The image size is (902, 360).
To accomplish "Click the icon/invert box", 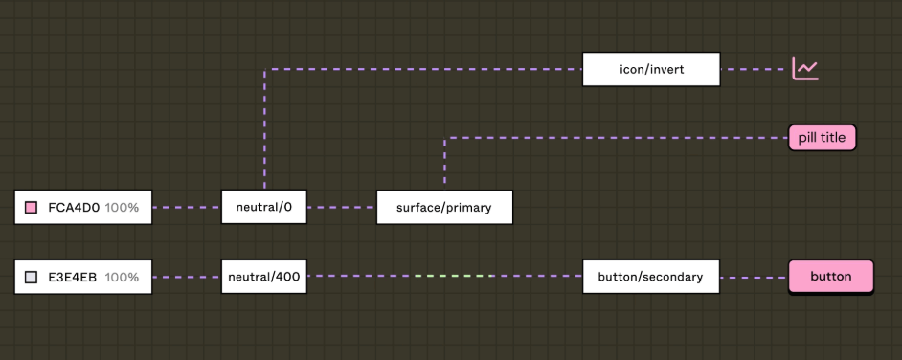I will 650,69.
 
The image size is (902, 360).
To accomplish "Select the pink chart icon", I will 805,69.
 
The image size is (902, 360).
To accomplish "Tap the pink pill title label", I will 822,138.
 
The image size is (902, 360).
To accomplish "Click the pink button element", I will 830,277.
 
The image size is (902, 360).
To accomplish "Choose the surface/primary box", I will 443,207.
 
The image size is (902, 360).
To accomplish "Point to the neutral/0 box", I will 263,207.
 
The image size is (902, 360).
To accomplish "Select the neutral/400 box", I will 263,277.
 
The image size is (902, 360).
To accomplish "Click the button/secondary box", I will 650,277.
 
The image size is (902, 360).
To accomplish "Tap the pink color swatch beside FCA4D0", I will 31,207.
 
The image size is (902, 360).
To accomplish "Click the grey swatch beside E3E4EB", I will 31,277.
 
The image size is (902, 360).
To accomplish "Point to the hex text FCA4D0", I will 74,207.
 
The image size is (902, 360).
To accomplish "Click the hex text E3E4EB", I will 74,277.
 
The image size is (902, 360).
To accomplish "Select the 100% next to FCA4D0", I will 122,207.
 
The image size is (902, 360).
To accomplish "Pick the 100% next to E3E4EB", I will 122,277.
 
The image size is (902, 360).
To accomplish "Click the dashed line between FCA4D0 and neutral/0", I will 187,207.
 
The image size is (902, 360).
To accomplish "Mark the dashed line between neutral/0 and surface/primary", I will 342,207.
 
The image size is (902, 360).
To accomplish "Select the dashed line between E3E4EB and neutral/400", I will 187,277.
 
